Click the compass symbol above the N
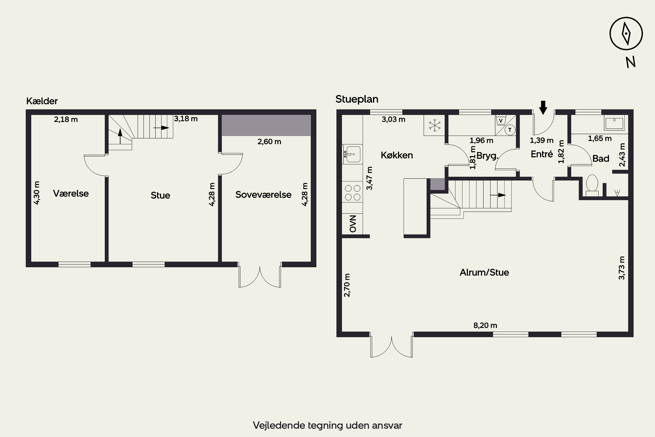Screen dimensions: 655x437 coord(626,34)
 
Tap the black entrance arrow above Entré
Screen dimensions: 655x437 coord(543,108)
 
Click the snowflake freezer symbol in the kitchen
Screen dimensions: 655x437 coord(434,125)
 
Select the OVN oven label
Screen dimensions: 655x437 coord(353,224)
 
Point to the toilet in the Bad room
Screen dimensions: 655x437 coord(592,184)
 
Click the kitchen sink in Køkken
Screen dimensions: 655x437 coord(353,154)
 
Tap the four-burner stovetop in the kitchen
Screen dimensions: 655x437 coord(353,192)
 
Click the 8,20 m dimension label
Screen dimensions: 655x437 coord(485,325)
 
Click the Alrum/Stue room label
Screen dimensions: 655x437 coord(484,272)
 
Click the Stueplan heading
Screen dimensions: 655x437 coord(357,99)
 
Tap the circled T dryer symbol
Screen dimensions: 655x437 coord(510,130)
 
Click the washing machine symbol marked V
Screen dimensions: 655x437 coord(501,120)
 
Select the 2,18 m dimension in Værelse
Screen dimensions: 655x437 coord(66,119)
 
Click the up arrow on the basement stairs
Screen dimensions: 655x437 coord(120,136)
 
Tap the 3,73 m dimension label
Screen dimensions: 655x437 coord(622,268)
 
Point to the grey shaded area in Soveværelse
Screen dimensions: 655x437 coord(266,125)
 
